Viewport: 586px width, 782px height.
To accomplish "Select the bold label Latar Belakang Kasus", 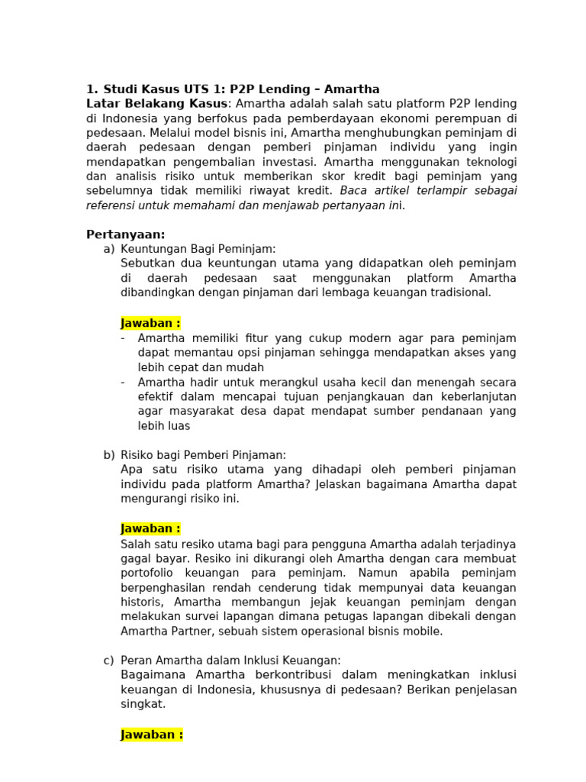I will pyautogui.click(x=156, y=104).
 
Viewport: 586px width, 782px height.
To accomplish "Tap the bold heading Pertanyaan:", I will pyautogui.click(x=126, y=234).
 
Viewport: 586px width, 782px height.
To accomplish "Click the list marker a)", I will pyautogui.click(x=109, y=249).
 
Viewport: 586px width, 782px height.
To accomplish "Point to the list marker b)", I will pyautogui.click(x=109, y=454).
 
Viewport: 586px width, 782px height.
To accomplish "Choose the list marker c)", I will pyautogui.click(x=109, y=660).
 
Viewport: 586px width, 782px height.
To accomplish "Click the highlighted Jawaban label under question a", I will pyautogui.click(x=150, y=323).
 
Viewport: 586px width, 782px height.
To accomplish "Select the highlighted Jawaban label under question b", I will pyautogui.click(x=150, y=528).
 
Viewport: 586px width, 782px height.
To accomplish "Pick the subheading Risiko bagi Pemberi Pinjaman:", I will pyautogui.click(x=204, y=454).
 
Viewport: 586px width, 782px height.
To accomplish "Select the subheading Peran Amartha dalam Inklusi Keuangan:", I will pyautogui.click(x=230, y=660).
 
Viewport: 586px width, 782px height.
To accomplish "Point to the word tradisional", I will pyautogui.click(x=461, y=292).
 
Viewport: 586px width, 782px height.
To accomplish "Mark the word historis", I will pyautogui.click(x=143, y=603).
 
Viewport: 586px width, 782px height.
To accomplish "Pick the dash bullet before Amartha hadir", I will pyautogui.click(x=124, y=382).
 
